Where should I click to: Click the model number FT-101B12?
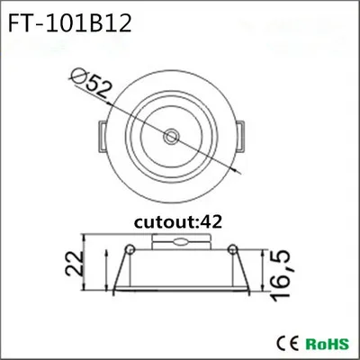click(69, 23)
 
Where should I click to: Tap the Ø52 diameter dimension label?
click(90, 83)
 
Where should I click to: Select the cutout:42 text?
click(178, 222)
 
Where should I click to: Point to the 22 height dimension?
click(74, 264)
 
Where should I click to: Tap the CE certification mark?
click(287, 343)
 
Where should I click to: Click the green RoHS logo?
click(328, 344)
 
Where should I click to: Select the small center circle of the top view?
click(171, 137)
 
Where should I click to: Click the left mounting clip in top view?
click(103, 136)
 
